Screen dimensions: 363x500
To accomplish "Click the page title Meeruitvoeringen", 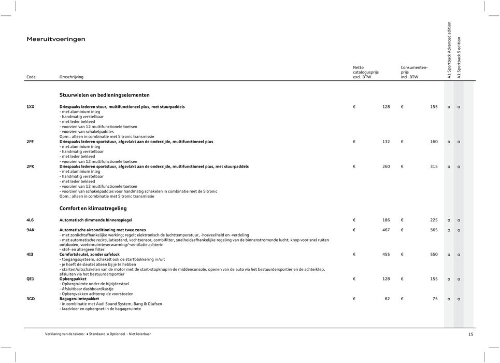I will (56, 39).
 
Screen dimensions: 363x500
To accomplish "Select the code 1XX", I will (31, 106).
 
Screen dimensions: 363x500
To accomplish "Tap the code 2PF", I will (31, 141).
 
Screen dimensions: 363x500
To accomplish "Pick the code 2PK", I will (31, 166).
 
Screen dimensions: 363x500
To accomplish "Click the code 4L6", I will (31, 220).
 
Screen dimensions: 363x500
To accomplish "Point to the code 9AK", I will (31, 230).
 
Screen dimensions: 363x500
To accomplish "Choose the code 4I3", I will (30, 255).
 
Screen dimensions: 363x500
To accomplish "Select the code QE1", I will (31, 279).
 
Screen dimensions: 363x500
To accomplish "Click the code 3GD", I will (31, 299).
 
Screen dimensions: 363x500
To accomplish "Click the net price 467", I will (385, 230).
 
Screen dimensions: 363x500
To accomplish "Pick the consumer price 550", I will (433, 255).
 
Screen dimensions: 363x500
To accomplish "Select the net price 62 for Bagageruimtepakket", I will (387, 299).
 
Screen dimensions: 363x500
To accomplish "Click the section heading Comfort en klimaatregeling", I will (93, 208).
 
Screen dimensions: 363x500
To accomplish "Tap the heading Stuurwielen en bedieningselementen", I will (104, 95).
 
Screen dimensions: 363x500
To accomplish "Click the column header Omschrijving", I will (72, 77).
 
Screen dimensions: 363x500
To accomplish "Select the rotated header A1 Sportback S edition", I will (459, 57).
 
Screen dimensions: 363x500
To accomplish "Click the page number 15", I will (470, 334).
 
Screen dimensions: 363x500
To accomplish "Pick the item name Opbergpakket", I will (74, 279).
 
